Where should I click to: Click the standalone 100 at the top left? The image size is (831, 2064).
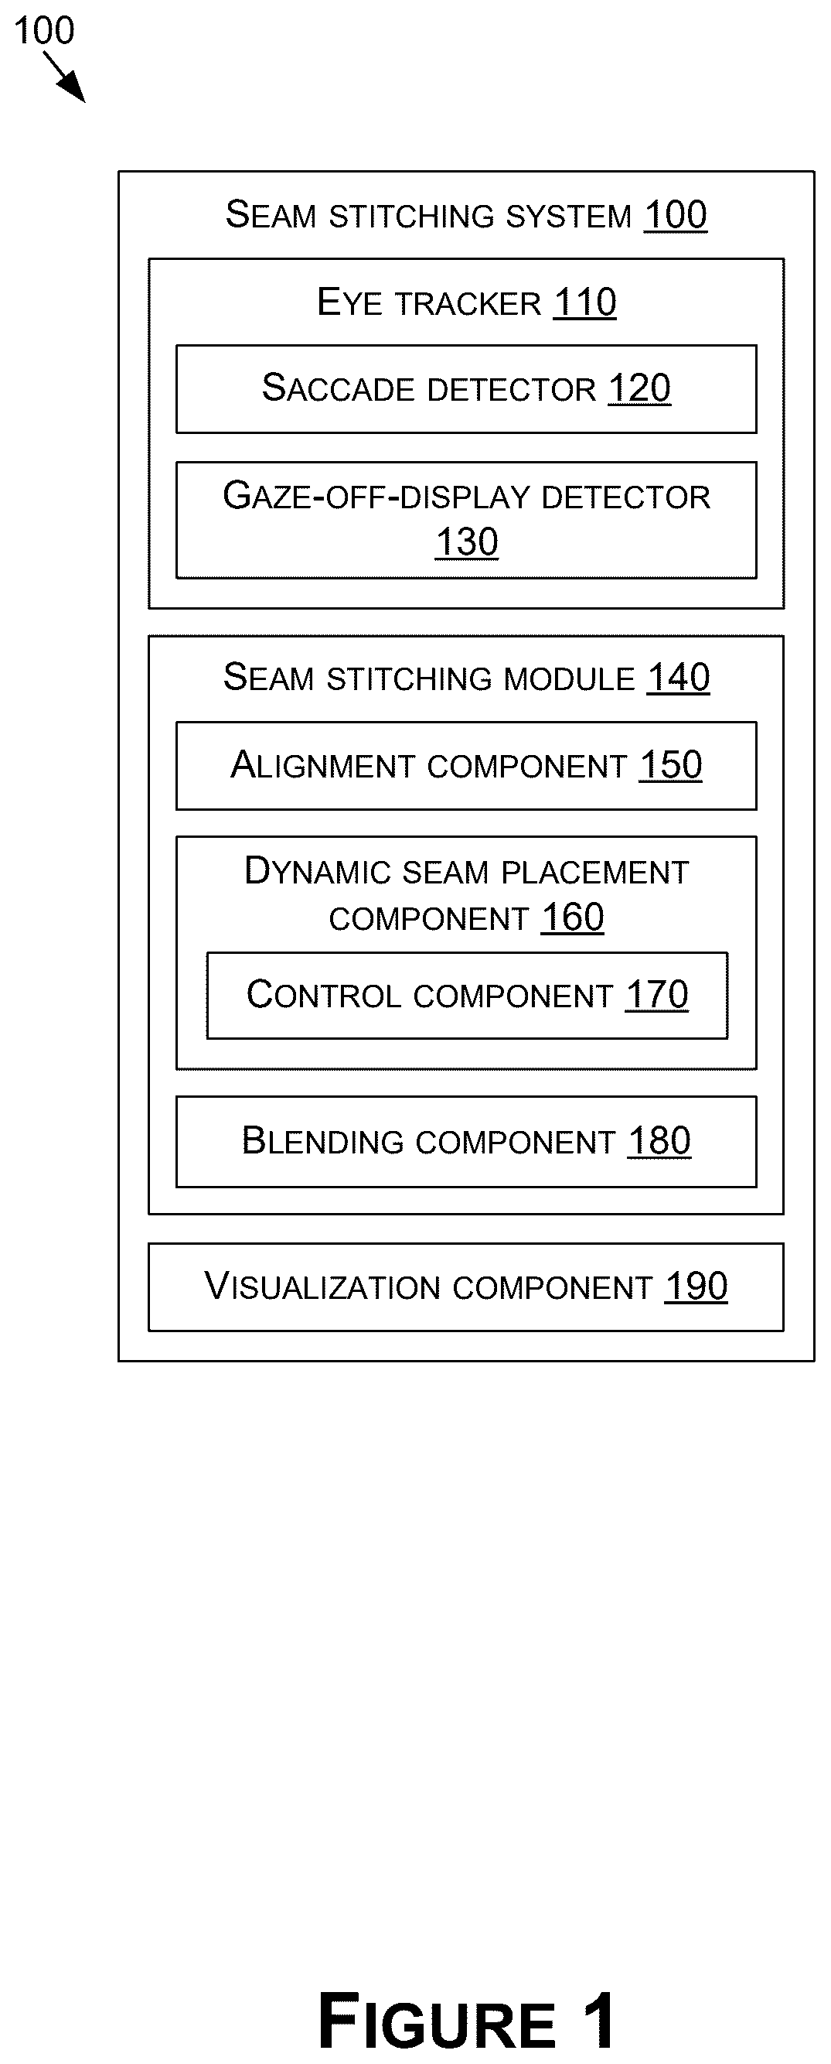pos(44,31)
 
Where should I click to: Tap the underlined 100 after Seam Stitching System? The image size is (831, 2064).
pos(676,216)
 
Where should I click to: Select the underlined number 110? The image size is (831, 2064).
pos(585,303)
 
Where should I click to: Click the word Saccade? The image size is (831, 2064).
pos(342,388)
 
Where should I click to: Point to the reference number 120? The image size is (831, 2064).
pos(639,388)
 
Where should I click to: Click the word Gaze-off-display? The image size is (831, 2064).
pos(376,496)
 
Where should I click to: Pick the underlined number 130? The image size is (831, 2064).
pos(467,542)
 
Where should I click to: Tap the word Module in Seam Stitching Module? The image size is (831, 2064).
pos(570,678)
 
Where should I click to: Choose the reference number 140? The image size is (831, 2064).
pos(678,678)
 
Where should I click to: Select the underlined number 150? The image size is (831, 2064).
pos(671,765)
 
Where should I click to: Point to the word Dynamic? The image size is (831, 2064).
pos(318,871)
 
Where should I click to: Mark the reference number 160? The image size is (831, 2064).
pos(572,918)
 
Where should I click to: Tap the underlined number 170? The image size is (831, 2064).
pos(657,995)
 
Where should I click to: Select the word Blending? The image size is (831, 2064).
pos(322,1142)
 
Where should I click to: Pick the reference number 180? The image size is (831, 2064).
pos(659,1141)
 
